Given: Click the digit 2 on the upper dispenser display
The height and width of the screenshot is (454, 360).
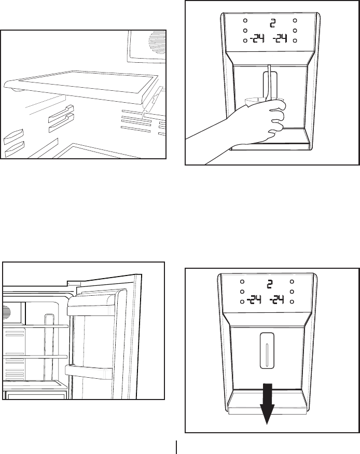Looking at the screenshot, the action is (272, 23).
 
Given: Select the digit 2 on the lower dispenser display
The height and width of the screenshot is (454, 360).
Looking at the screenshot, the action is (269, 284).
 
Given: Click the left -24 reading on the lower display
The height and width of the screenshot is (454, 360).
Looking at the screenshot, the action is (255, 300).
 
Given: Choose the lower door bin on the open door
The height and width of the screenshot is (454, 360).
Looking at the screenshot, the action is (88, 372).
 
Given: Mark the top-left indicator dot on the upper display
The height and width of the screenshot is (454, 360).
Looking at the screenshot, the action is (244, 21).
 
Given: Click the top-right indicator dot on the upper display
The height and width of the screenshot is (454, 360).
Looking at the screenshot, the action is (295, 21).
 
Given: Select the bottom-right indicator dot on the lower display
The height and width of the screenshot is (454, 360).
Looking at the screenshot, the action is (293, 301).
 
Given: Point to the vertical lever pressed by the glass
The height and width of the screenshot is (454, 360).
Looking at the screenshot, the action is (269, 83).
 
